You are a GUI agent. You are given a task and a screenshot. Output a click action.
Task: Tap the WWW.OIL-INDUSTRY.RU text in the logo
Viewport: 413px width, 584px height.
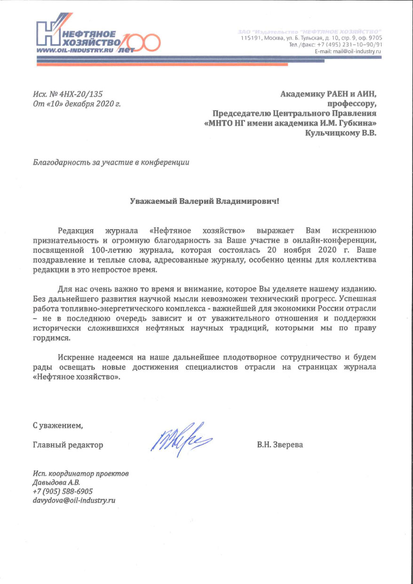point(71,50)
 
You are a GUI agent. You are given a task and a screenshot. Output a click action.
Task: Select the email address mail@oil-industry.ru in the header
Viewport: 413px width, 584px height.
point(357,51)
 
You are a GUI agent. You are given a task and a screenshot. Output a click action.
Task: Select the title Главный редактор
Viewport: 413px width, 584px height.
point(68,445)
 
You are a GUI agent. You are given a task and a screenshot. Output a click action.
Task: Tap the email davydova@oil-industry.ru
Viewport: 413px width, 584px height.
point(74,500)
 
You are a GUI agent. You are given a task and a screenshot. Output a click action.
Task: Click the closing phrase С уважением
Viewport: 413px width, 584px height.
point(57,426)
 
